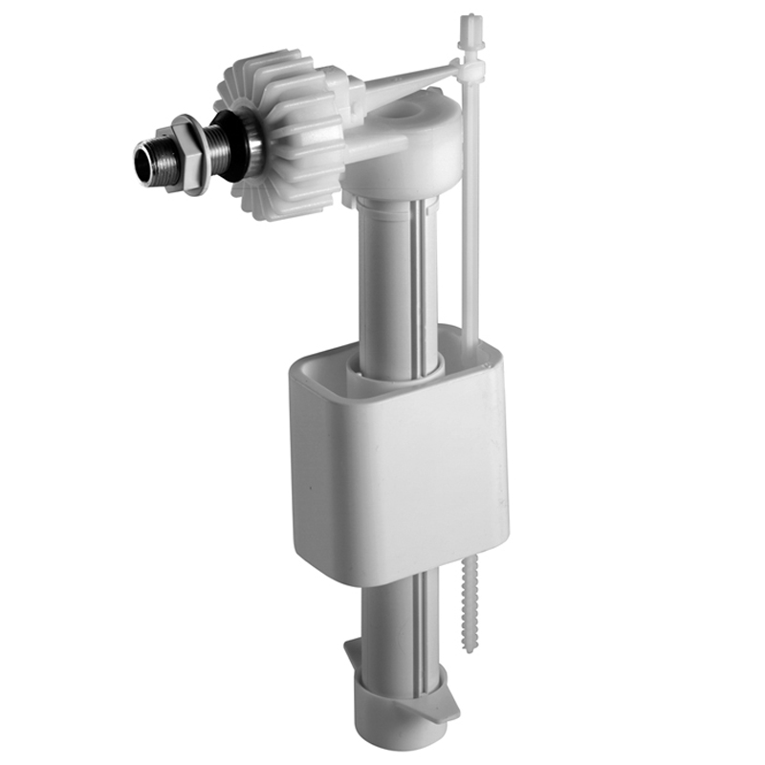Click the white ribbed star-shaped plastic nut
277,134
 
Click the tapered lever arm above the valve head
402,78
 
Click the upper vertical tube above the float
382,277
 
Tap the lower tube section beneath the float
402,622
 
